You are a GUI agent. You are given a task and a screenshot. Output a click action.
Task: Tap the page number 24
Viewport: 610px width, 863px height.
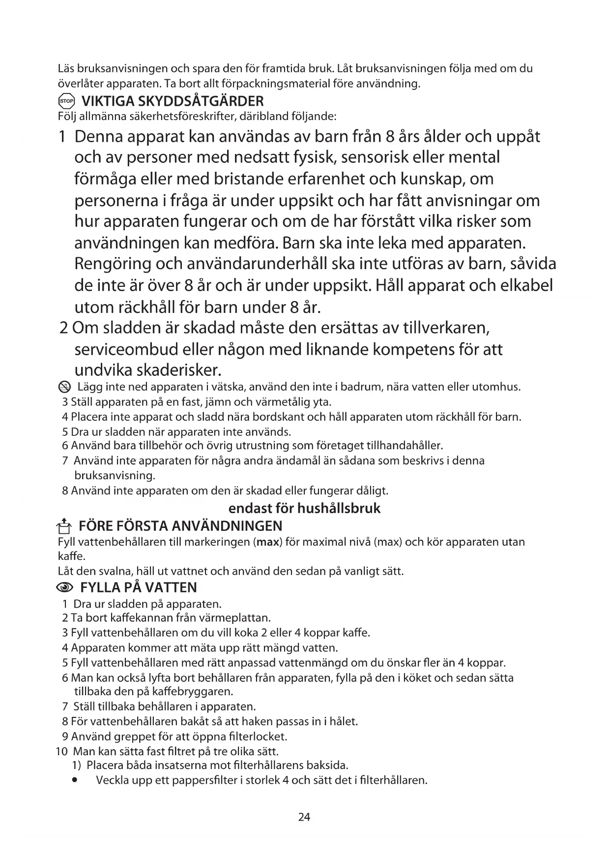pyautogui.click(x=304, y=817)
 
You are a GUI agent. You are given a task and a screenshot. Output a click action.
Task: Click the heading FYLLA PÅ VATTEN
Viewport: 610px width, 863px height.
pyautogui.click(x=138, y=587)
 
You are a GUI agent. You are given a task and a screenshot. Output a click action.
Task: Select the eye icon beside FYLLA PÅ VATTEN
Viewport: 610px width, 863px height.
pyautogui.click(x=65, y=588)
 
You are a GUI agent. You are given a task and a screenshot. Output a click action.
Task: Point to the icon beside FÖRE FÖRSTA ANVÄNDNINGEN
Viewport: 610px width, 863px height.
pyautogui.click(x=64, y=527)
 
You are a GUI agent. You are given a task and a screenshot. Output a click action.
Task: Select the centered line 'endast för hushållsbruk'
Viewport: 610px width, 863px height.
pyautogui.click(x=304, y=508)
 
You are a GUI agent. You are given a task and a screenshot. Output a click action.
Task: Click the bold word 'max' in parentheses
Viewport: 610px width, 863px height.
pyautogui.click(x=268, y=542)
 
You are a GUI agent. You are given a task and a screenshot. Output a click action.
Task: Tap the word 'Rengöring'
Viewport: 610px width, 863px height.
pyautogui.click(x=113, y=264)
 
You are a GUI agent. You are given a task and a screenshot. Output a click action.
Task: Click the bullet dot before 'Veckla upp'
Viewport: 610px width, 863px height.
pyautogui.click(x=75, y=780)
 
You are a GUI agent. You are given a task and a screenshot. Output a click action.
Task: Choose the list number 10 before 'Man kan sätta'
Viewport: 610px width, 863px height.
pyautogui.click(x=61, y=752)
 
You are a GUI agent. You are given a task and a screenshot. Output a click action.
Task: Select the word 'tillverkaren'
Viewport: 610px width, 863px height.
pyautogui.click(x=445, y=328)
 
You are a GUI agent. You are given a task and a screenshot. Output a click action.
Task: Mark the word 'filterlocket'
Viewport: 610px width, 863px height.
pyautogui.click(x=258, y=737)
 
